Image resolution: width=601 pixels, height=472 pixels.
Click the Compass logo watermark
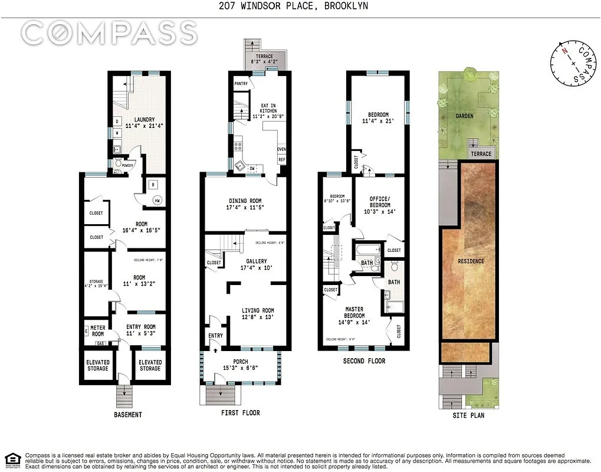coord(109,33)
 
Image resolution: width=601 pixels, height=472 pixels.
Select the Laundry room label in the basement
coord(144,120)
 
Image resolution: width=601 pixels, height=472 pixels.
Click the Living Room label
coord(258,311)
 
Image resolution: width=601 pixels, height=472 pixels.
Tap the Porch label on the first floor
coord(240,362)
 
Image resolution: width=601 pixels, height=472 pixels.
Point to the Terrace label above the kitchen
coord(264,56)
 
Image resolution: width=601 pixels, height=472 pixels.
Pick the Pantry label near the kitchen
coord(241,84)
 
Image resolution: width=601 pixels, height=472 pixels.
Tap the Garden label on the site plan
coord(464,116)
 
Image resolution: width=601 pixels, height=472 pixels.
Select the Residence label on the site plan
coord(471,261)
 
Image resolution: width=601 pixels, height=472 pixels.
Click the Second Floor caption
coord(364,361)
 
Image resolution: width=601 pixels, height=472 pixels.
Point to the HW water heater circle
coord(157,201)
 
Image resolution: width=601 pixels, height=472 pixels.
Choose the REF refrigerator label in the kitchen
coord(282,160)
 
